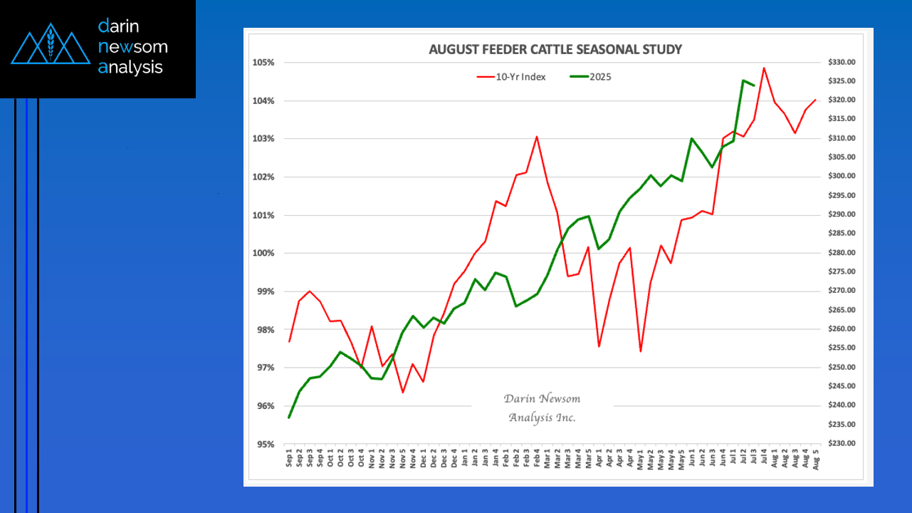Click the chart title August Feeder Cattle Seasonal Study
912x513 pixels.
click(555, 49)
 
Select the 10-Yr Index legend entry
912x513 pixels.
click(520, 77)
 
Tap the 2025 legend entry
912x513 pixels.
click(600, 77)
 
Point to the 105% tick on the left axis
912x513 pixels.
click(265, 63)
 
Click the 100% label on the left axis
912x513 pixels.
click(265, 254)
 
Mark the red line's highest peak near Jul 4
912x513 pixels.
click(764, 68)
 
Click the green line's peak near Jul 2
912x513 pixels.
click(743, 81)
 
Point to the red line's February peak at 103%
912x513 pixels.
click(536, 137)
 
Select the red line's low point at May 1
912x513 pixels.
click(641, 351)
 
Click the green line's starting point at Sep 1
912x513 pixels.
click(289, 418)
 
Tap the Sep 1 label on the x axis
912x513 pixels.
click(289, 458)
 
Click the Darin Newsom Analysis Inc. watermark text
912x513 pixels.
click(542, 408)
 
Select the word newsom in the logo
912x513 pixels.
click(133, 47)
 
